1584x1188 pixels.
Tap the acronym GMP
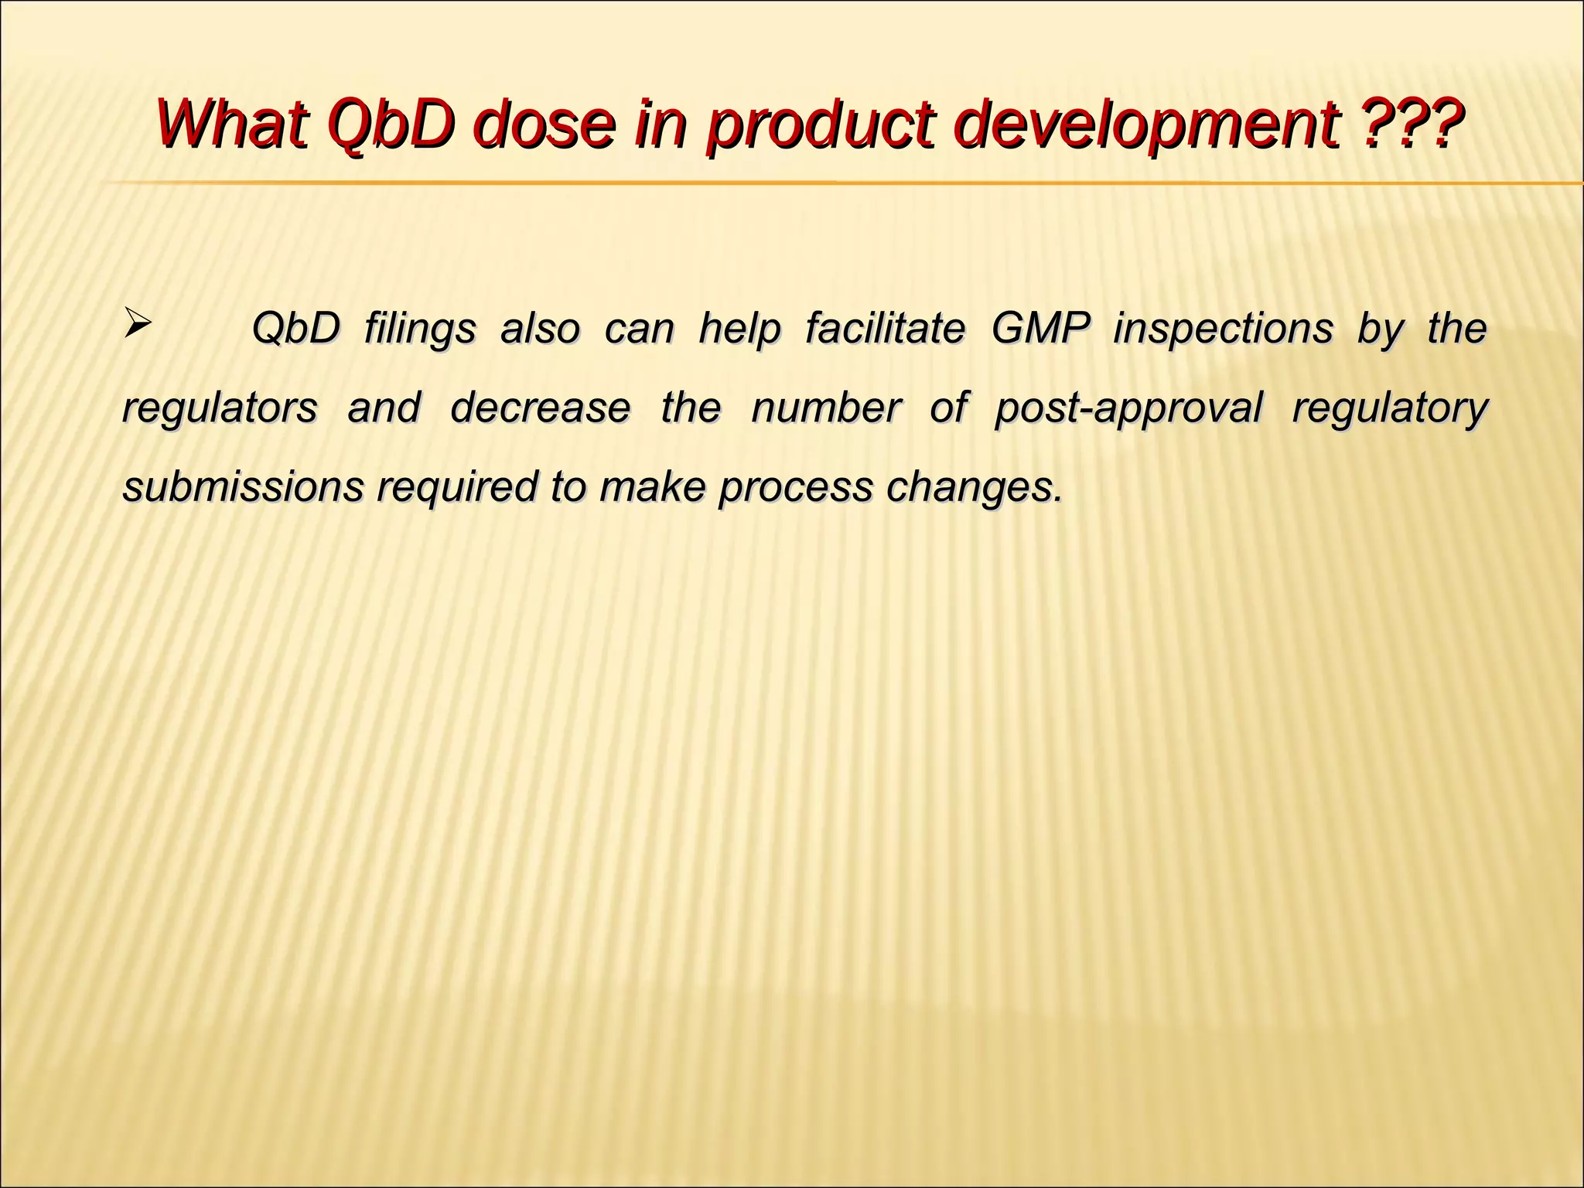[1039, 328]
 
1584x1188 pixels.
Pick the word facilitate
[885, 328]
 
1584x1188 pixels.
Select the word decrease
[540, 408]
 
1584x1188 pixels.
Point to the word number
[825, 408]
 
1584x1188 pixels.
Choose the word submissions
[243, 487]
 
